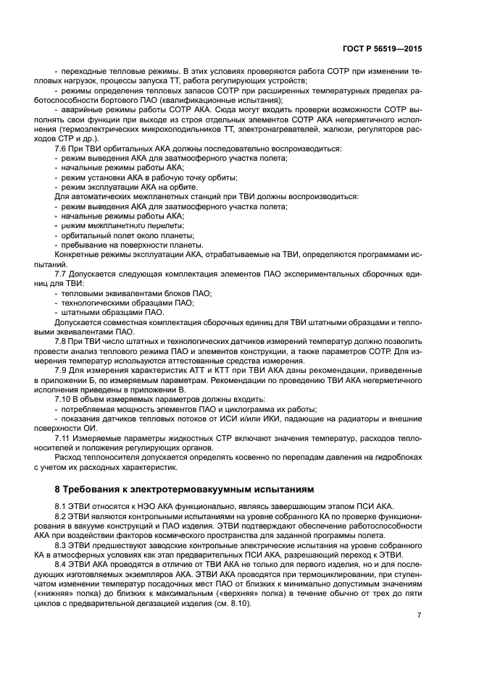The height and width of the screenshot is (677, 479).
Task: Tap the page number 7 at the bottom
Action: [x=418, y=615]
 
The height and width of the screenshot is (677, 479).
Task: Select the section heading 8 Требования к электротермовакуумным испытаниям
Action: [x=180, y=489]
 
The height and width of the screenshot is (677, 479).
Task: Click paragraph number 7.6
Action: [x=63, y=148]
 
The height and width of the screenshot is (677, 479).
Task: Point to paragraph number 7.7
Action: [x=63, y=274]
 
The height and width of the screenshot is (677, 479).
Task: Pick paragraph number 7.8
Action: [x=63, y=340]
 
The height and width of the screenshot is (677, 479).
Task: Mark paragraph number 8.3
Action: [x=63, y=542]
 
